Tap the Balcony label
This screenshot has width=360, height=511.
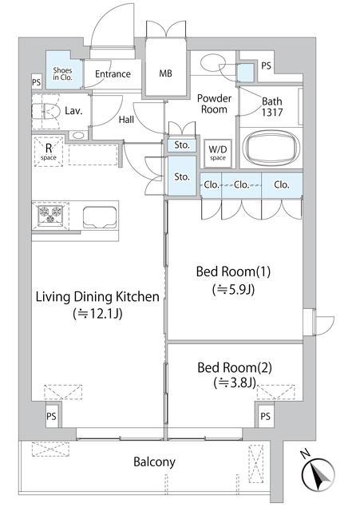click(154, 461)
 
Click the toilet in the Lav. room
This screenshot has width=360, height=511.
click(45, 113)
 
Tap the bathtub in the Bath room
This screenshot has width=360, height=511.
click(271, 149)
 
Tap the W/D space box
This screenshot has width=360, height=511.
click(218, 153)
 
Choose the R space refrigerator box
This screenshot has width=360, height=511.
click(49, 150)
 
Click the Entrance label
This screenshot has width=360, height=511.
click(113, 74)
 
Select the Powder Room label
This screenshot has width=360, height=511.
click(214, 103)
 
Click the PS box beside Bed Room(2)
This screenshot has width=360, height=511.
click(265, 416)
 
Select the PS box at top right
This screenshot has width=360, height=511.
click(266, 66)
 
